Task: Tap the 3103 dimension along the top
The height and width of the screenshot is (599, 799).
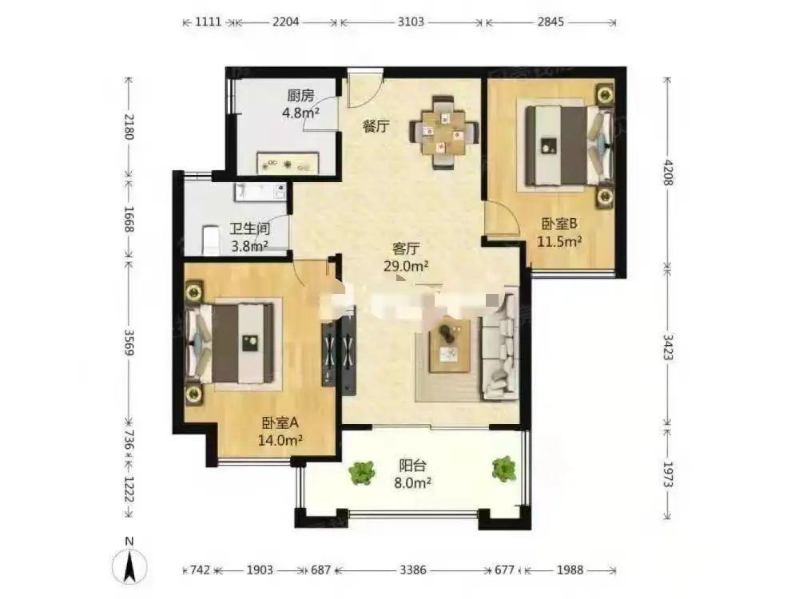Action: [410, 22]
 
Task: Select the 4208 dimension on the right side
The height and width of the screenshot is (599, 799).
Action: [668, 173]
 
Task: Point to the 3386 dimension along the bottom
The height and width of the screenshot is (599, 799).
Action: [412, 569]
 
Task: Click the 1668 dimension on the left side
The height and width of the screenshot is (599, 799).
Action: [129, 219]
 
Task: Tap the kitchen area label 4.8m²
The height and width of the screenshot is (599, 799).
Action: [301, 112]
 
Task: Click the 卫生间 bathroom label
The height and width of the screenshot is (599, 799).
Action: [249, 229]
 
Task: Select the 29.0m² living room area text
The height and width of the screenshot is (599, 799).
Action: [406, 265]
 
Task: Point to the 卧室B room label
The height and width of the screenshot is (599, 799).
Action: [559, 224]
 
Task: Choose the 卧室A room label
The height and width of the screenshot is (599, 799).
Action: [280, 422]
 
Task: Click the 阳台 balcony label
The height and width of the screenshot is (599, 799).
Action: [412, 465]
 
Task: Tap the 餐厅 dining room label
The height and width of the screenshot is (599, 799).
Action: [376, 126]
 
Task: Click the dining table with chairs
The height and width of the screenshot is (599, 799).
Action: [444, 133]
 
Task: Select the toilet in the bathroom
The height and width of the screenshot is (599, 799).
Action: [211, 240]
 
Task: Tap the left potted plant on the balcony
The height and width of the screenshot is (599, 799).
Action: [362, 473]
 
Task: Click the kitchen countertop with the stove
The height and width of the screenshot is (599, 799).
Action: [288, 163]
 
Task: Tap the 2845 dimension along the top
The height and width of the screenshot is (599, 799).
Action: [551, 22]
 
